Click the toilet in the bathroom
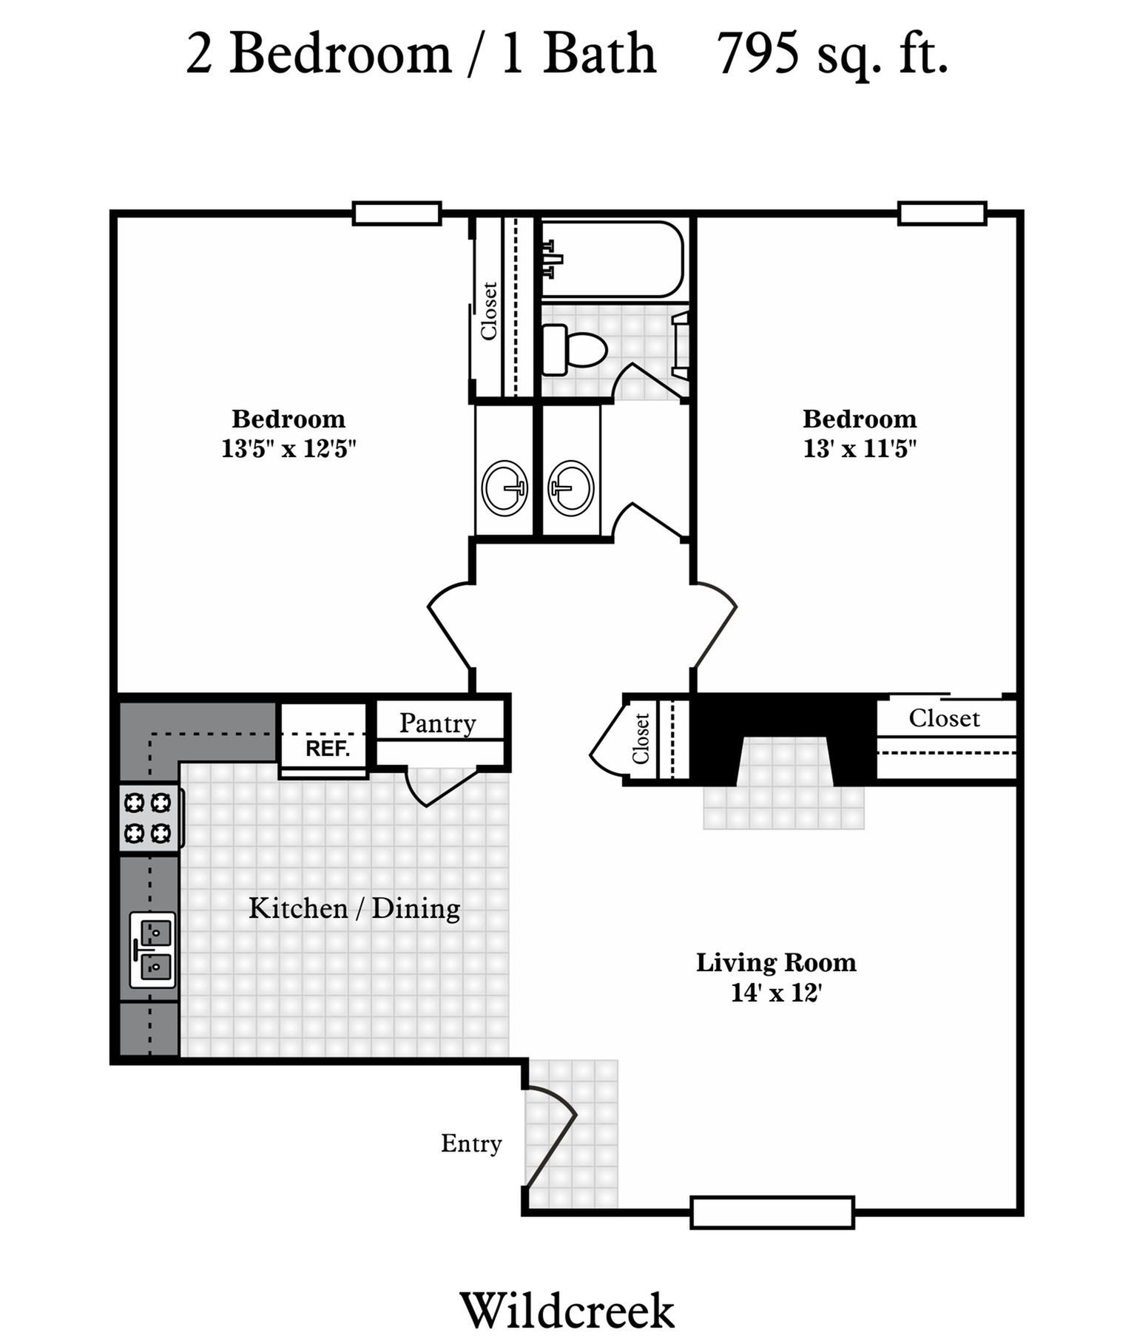573,348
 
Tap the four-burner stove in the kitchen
149,817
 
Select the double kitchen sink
152,949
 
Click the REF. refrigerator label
327,748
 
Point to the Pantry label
437,723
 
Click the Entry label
471,1143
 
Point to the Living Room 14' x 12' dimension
776,992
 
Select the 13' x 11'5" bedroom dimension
860,448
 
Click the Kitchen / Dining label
354,908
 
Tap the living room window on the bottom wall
772,1212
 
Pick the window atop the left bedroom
396,213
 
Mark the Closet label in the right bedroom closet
944,717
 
